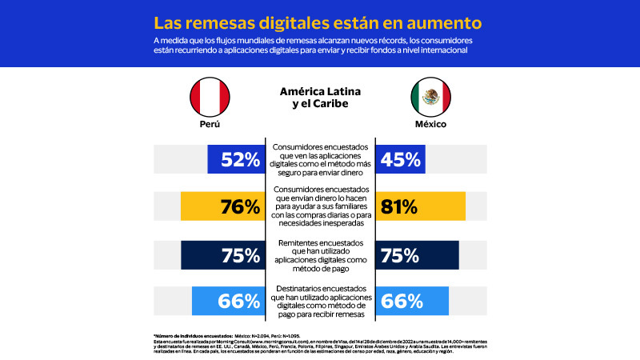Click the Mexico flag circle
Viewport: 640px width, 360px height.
coord(430,97)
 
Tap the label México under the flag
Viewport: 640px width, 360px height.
coord(430,126)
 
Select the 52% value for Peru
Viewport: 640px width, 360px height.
coord(240,160)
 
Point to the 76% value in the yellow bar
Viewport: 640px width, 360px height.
coord(240,206)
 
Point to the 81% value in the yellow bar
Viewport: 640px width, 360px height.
coord(399,206)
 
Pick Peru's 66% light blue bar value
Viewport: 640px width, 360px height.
coord(240,301)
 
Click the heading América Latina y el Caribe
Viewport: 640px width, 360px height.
coord(319,98)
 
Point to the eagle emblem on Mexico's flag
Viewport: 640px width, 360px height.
coord(430,97)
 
